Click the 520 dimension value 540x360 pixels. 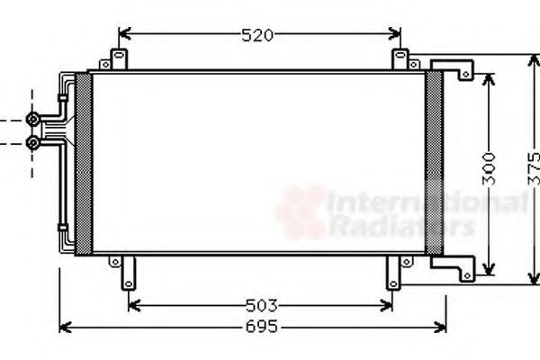(257, 36)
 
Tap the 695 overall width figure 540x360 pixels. (260, 327)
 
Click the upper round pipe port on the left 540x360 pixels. (33, 119)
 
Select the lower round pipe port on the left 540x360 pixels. (33, 142)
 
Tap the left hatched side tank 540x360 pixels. (83, 163)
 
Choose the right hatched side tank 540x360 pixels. (434, 163)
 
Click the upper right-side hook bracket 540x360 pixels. (454, 67)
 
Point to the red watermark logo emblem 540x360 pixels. (301, 211)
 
